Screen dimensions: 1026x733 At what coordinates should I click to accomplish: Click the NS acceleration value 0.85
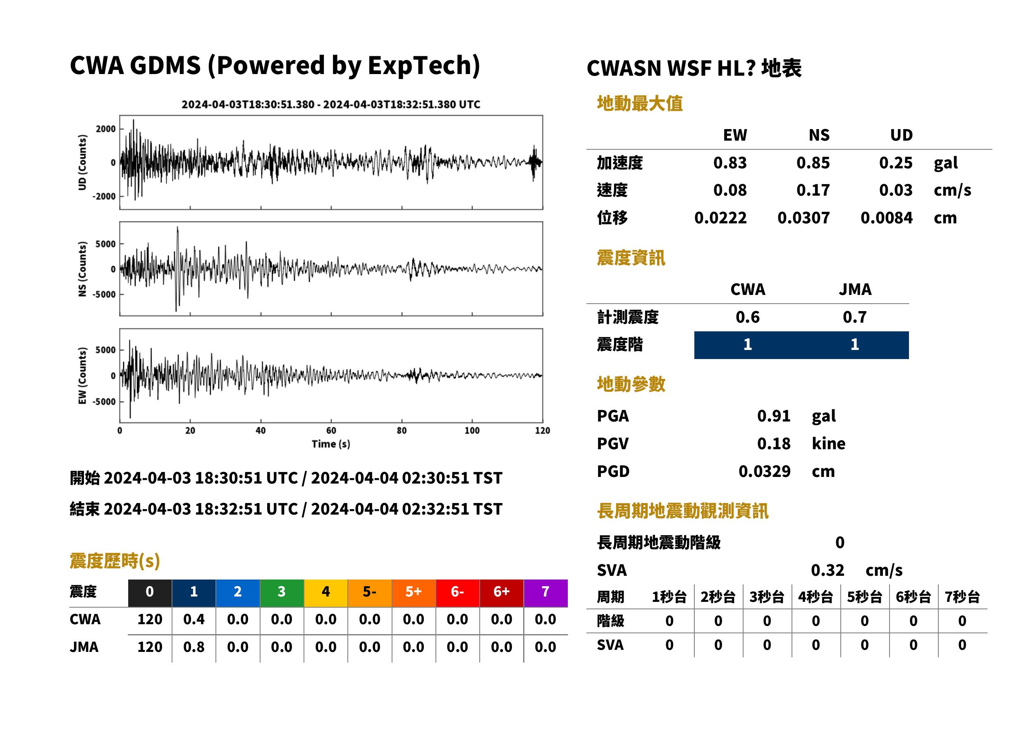click(x=813, y=163)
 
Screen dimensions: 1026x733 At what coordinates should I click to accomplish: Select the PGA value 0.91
click(x=773, y=416)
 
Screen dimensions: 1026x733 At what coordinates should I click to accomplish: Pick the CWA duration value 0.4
click(x=194, y=619)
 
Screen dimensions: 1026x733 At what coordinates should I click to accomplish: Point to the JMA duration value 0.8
click(x=194, y=647)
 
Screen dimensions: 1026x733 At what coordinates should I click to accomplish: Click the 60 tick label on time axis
click(x=331, y=431)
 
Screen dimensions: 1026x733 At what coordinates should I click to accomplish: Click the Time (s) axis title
click(x=331, y=444)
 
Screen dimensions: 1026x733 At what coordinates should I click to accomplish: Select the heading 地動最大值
click(x=639, y=103)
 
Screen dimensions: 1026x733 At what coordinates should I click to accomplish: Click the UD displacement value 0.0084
click(x=886, y=218)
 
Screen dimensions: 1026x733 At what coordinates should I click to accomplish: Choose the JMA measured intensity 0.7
click(x=854, y=317)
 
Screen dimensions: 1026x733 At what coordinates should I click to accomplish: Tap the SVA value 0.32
click(x=827, y=570)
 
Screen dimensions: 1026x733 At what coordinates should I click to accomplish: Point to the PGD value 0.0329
click(x=764, y=472)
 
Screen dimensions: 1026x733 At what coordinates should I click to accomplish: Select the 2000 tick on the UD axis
click(x=105, y=129)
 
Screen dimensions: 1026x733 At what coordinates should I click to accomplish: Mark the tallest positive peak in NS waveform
click(x=177, y=228)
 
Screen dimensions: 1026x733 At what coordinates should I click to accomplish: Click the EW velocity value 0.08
click(x=729, y=190)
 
